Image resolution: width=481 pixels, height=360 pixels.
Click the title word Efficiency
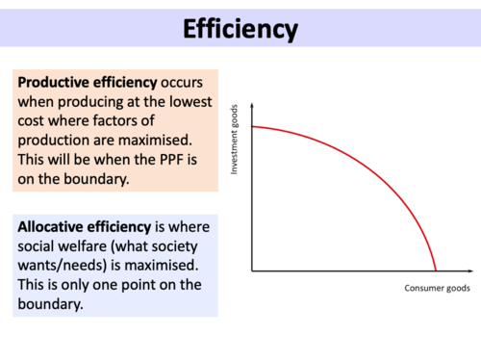pyautogui.click(x=240, y=28)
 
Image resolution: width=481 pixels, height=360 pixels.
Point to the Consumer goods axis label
pyautogui.click(x=438, y=288)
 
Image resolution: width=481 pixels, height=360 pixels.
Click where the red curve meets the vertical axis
pyautogui.click(x=252, y=126)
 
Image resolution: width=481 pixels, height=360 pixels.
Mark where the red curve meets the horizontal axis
pyautogui.click(x=436, y=270)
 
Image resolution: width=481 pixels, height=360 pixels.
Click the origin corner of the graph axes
pyautogui.click(x=252, y=270)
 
